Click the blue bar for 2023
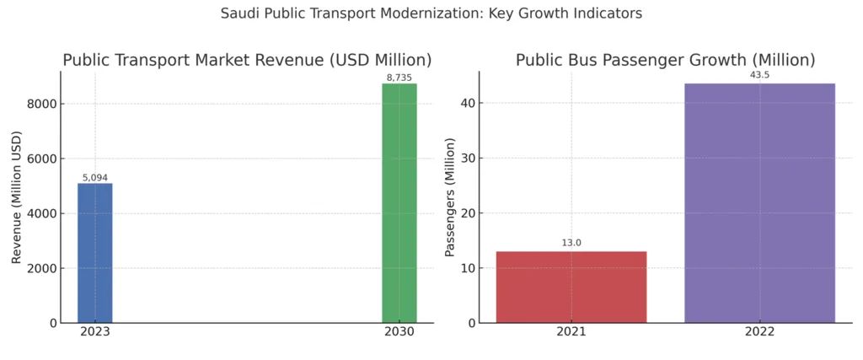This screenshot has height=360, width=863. pos(95,253)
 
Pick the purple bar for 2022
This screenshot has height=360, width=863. pos(759,203)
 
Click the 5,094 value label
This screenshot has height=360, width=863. pos(95,177)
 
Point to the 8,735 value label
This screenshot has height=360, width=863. pos(399,78)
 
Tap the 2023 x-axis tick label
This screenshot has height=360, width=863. pos(95,333)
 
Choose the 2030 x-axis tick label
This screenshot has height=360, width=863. pos(399,333)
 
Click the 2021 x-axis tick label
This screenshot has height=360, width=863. pos(571,333)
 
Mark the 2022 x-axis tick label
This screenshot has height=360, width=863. pos(759,333)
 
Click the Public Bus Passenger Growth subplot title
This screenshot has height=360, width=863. pos(665,60)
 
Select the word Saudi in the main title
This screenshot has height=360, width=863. pos(239,13)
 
